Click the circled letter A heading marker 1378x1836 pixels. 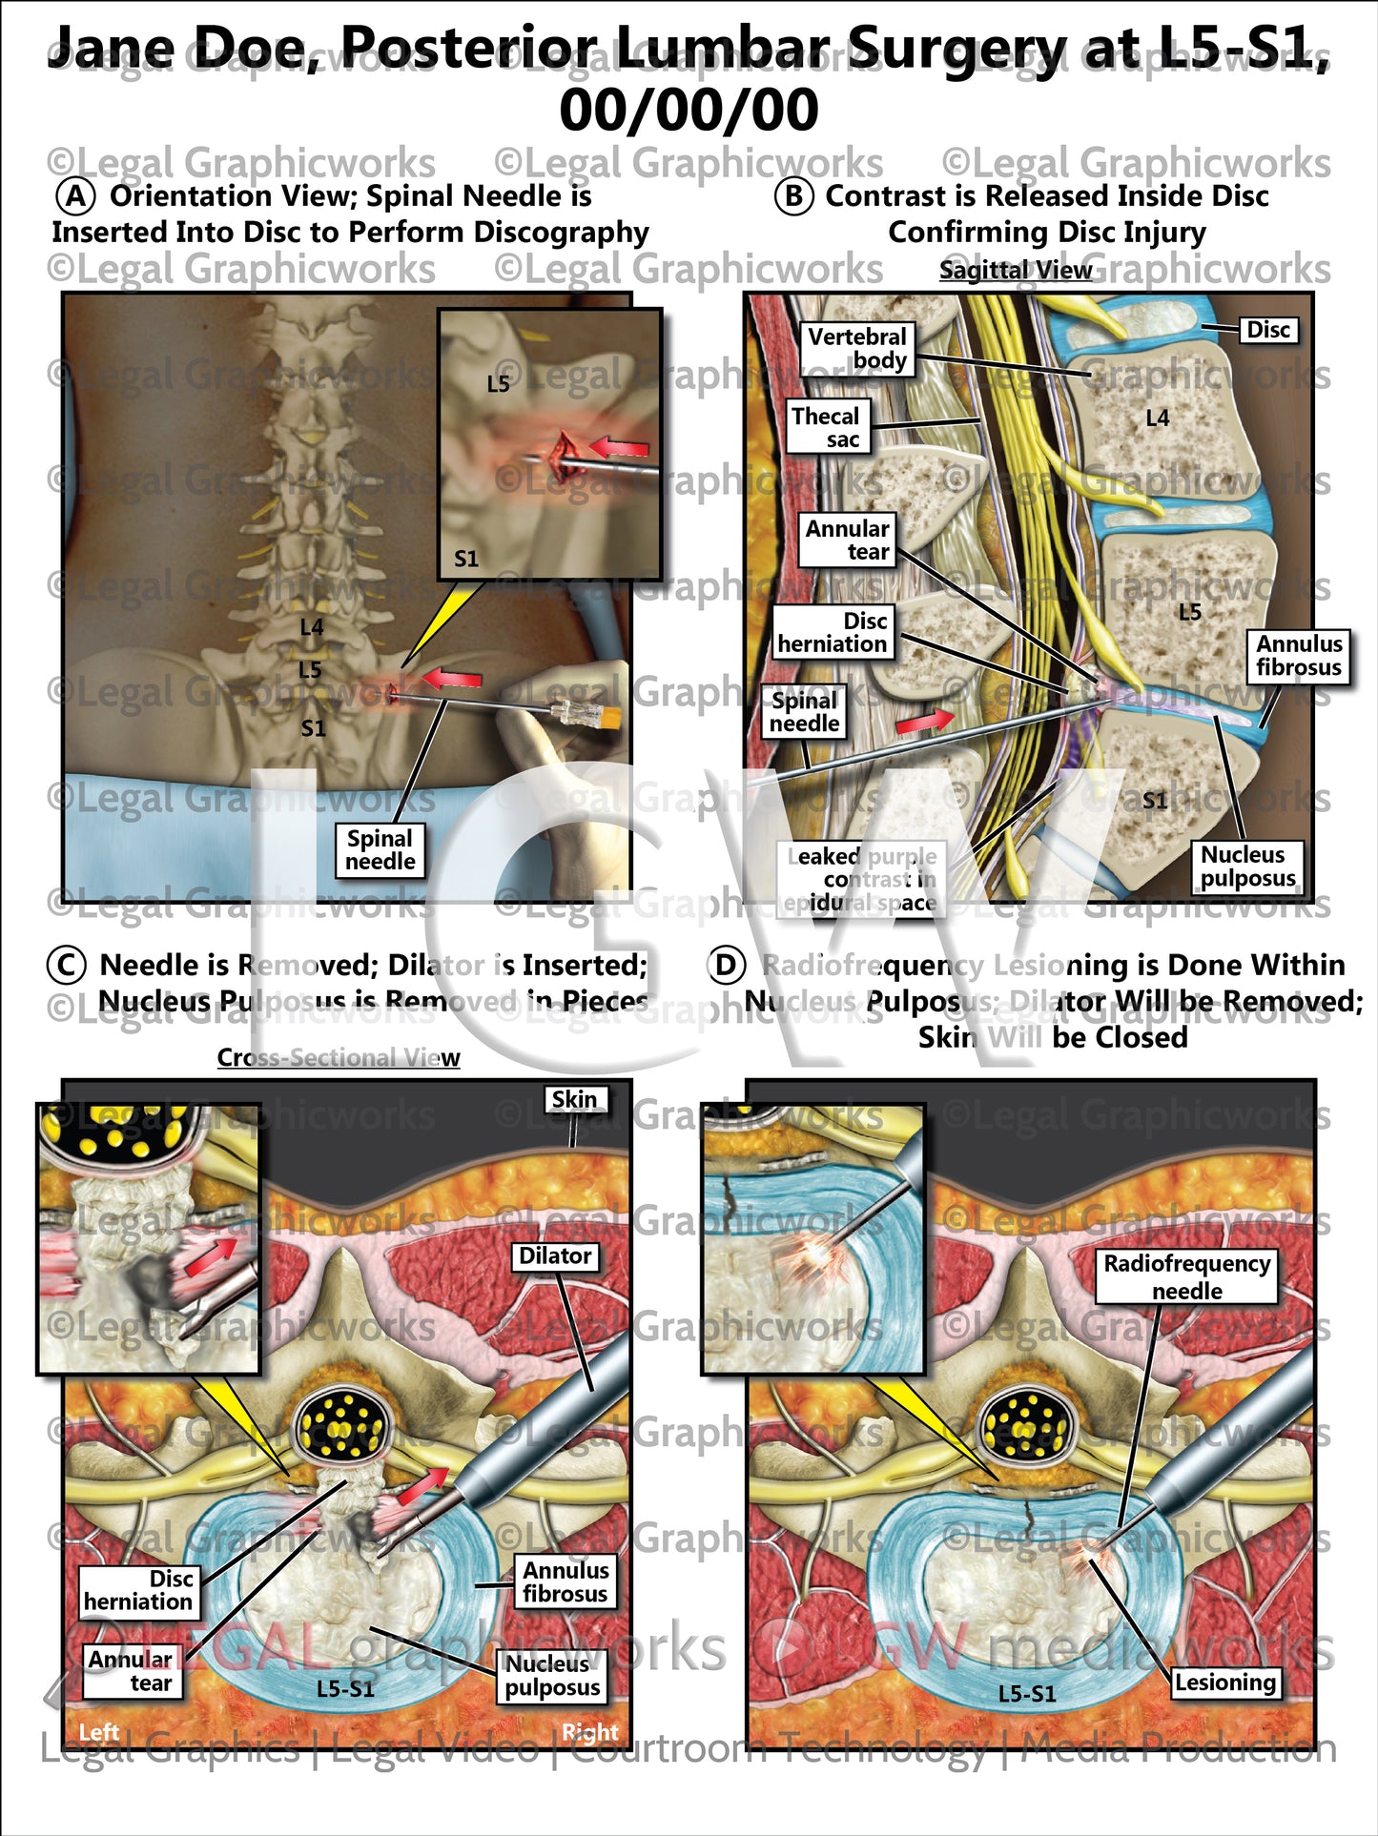click(x=75, y=196)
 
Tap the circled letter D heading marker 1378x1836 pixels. click(x=726, y=966)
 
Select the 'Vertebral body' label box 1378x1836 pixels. click(x=856, y=348)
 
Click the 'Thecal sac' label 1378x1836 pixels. click(x=826, y=427)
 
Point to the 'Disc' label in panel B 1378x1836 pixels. click(x=1267, y=330)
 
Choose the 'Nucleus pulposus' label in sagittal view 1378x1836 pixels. click(x=1246, y=867)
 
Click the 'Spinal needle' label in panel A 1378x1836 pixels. click(x=380, y=849)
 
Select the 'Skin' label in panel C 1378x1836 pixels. click(x=574, y=1099)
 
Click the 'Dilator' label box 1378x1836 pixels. click(x=555, y=1255)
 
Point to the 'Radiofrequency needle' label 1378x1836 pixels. click(x=1186, y=1276)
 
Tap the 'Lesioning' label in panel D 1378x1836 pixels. click(x=1224, y=1682)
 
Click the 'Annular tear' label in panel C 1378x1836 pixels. click(x=131, y=1671)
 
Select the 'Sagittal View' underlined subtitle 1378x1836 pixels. click(x=1016, y=270)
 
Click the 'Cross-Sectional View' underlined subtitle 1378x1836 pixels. click(x=338, y=1057)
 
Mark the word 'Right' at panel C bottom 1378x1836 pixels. click(x=589, y=1731)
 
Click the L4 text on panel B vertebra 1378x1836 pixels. click(x=1157, y=418)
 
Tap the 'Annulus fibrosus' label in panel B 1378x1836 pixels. click(x=1298, y=656)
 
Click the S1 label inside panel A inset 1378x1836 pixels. click(x=466, y=559)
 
